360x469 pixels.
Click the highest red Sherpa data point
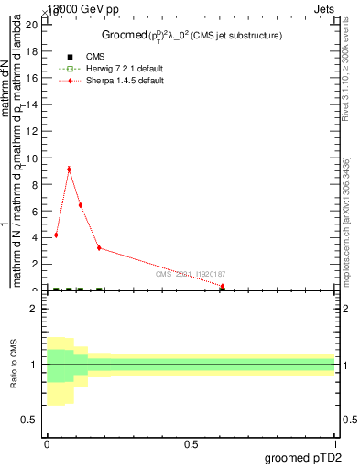[x=69, y=169]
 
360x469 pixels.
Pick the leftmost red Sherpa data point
[x=56, y=234]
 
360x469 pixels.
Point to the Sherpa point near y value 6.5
[x=81, y=205]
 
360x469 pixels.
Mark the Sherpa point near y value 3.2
[x=99, y=248]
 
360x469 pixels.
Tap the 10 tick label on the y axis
[x=33, y=158]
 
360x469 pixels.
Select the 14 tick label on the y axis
[x=33, y=104]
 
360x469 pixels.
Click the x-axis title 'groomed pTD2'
[x=305, y=457]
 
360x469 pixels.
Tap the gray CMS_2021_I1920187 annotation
[x=190, y=274]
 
